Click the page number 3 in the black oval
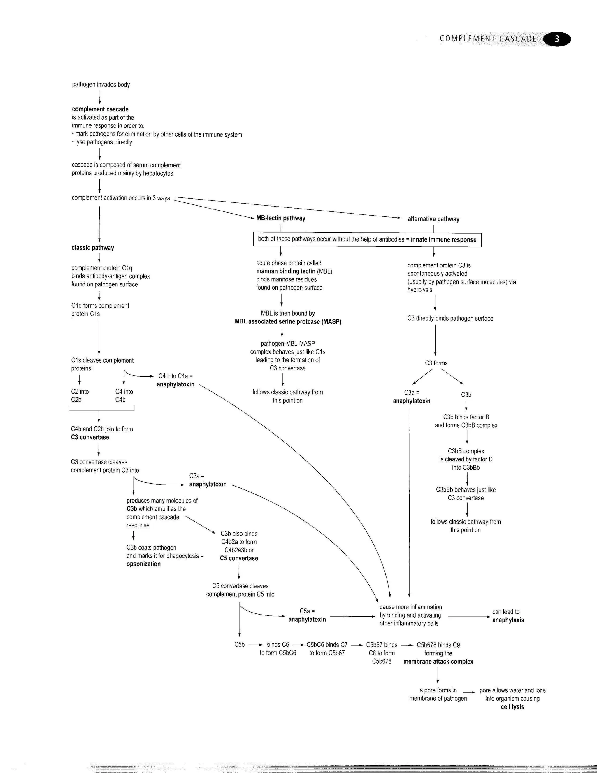point(557,39)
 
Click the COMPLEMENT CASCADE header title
point(488,39)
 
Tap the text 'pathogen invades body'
point(101,85)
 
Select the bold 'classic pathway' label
point(93,248)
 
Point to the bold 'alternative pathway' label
point(433,219)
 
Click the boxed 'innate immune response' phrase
point(443,239)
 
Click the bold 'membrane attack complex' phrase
point(438,662)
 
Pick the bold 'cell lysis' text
point(512,707)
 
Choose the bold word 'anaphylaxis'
point(508,620)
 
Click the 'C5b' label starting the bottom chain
point(239,645)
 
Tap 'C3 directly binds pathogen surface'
point(450,319)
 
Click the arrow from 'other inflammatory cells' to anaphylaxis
point(469,617)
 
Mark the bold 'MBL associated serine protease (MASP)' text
point(288,322)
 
